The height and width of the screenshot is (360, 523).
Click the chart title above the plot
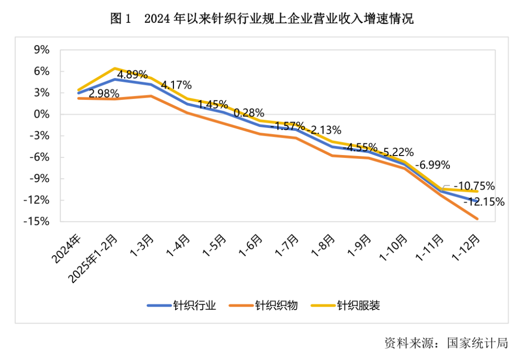[x=261, y=19]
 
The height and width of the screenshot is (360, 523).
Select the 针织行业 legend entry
[x=182, y=305]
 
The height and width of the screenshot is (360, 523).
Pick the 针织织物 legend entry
[x=263, y=305]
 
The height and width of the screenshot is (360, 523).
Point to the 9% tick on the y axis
[x=42, y=50]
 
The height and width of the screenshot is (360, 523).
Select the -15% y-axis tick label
[x=38, y=221]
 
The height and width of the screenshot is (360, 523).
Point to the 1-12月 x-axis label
[x=468, y=247]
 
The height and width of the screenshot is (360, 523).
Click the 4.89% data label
[x=132, y=75]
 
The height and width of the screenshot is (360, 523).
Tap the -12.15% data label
[x=484, y=202]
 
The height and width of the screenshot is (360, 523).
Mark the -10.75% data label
[x=474, y=186]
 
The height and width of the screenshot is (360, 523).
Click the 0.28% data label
[x=249, y=113]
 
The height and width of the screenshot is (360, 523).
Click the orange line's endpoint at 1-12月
[x=477, y=219]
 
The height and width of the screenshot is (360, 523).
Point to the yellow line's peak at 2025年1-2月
[x=115, y=68]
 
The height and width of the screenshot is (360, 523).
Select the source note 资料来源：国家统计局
[x=446, y=343]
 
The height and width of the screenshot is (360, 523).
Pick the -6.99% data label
[x=434, y=164]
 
